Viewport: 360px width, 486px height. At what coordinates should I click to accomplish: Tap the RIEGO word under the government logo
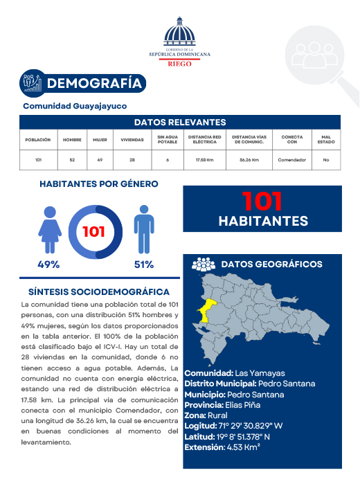click(180, 62)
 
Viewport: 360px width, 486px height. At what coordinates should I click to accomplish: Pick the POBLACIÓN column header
click(38, 139)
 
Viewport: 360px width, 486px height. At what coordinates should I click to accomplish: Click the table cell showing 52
click(72, 160)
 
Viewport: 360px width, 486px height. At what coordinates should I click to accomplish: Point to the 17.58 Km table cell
click(205, 160)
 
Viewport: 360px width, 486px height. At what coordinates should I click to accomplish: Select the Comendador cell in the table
click(292, 160)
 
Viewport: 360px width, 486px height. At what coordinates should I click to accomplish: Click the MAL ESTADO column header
click(325, 139)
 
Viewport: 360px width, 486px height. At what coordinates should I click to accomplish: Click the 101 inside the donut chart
click(94, 231)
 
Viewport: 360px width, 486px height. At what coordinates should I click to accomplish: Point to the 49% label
click(48, 264)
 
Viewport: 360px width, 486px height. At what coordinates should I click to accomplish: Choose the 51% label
click(143, 264)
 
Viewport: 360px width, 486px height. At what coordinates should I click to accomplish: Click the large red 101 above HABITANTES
click(262, 201)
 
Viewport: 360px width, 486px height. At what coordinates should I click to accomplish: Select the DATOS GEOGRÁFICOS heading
click(271, 264)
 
